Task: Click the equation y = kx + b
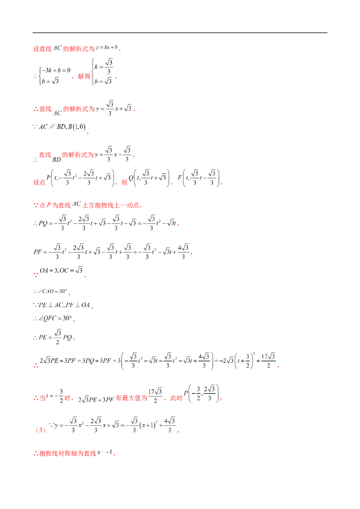[x=107, y=47]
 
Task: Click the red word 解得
[x=84, y=76]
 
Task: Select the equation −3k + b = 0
[x=56, y=70]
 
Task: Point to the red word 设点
[x=39, y=182]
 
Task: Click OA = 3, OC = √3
[x=61, y=270]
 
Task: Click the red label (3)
[x=40, y=430]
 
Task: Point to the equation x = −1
[x=104, y=452]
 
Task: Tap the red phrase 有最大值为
[x=131, y=398]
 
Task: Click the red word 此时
[x=176, y=398]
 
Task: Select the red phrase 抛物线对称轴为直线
[x=68, y=453]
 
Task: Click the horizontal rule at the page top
[x=180, y=32]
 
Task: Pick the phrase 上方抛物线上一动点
[x=111, y=205]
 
